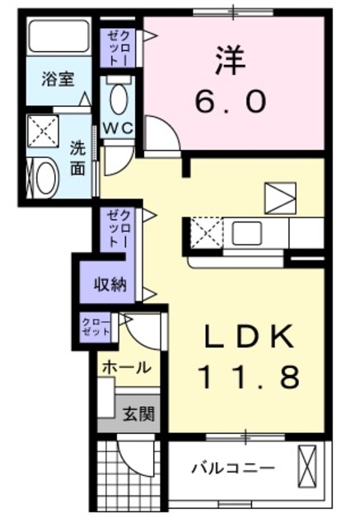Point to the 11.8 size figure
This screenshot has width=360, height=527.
pos(248,377)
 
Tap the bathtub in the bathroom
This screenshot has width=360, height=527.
pos(58,38)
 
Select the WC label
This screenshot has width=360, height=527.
pos(119,128)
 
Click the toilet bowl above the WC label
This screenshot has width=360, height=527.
pos(118,99)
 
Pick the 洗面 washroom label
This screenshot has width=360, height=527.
pos(77,160)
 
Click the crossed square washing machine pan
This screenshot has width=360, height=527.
pos(41,130)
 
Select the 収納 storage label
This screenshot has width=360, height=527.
pos(108,285)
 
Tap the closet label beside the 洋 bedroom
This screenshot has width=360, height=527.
pos(114,47)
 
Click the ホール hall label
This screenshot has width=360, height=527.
pos(125,367)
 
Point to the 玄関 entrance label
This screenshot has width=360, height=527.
pos(139,414)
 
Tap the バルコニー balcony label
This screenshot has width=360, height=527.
pos(232,469)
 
